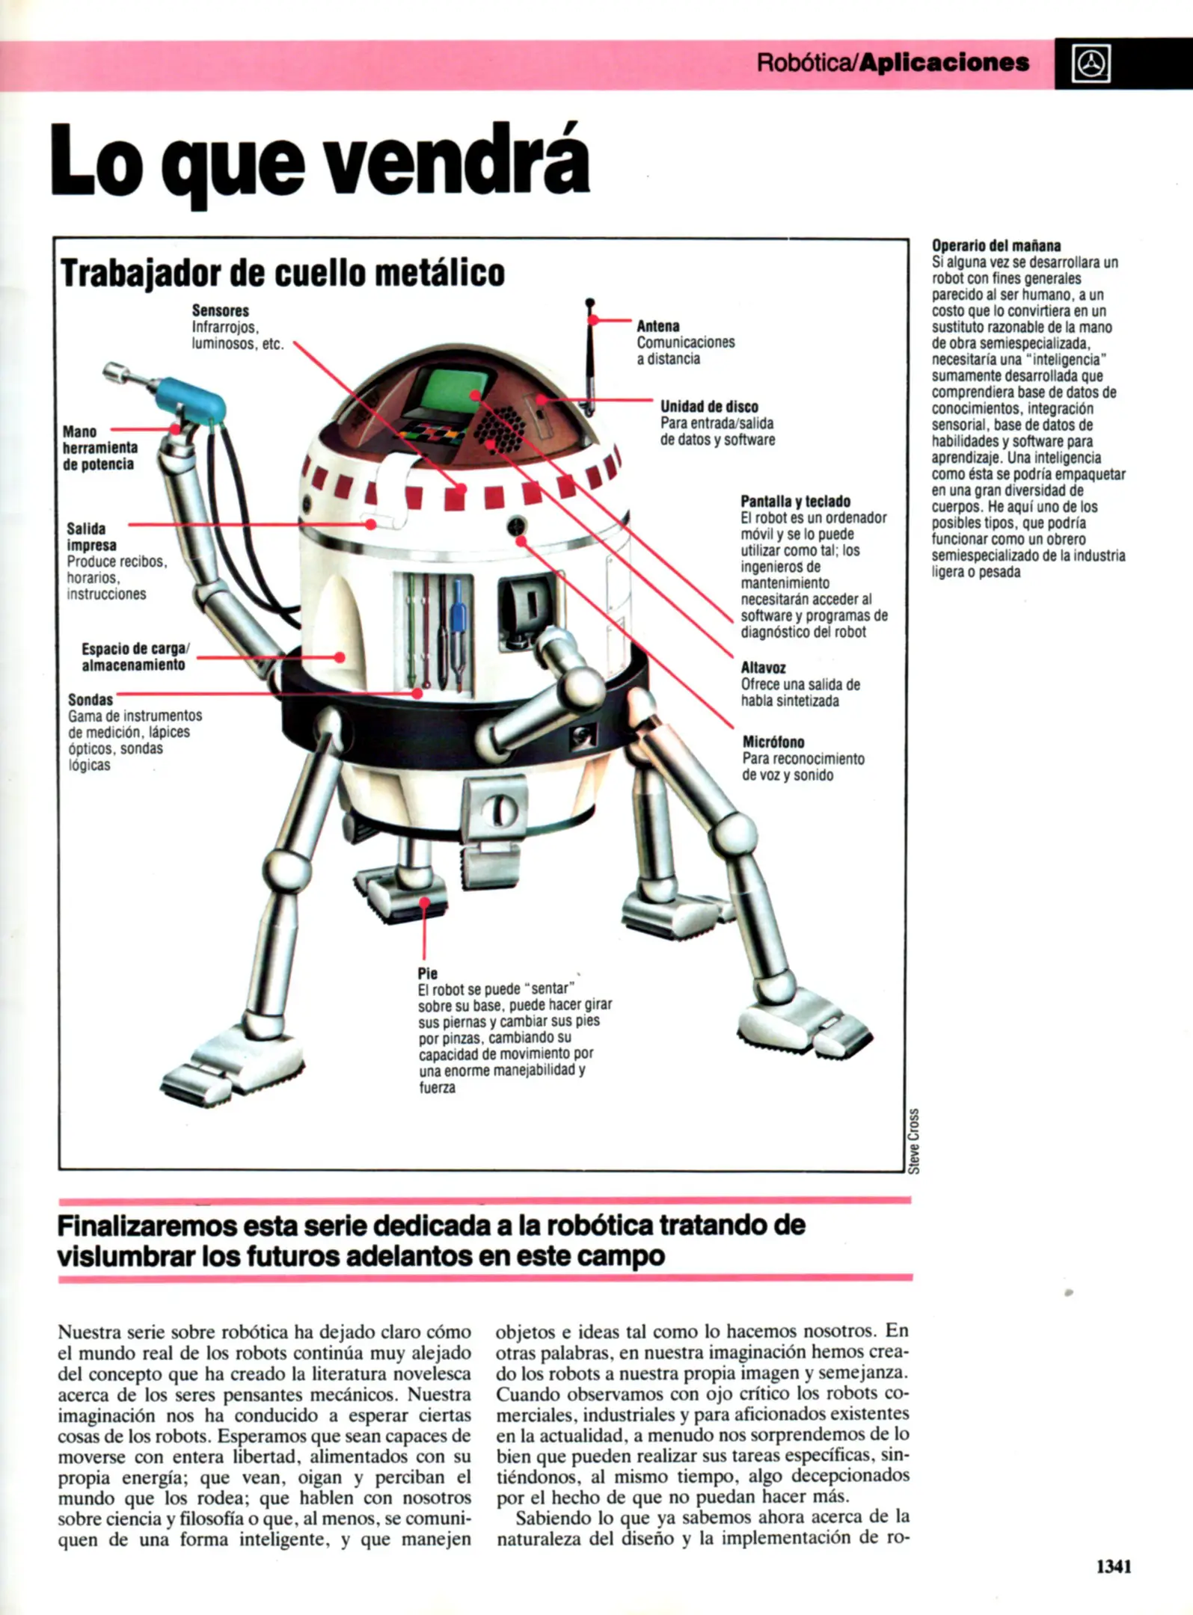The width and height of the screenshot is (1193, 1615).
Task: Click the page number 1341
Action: [1113, 1566]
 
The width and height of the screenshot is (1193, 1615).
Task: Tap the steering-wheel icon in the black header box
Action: [1091, 64]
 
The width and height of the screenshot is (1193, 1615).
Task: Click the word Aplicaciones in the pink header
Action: [944, 63]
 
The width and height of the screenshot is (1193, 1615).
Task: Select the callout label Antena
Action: [657, 326]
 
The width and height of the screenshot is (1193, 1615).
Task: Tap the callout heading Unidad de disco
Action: [708, 407]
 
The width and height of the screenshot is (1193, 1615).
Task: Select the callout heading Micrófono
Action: [773, 742]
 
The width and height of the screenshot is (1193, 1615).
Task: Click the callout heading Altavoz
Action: [763, 668]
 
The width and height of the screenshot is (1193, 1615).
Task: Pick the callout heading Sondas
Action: [90, 700]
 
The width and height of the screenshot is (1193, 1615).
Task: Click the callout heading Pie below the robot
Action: [427, 973]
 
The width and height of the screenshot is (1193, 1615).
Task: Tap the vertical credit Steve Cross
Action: [913, 1140]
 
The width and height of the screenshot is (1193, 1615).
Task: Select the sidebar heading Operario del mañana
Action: [996, 246]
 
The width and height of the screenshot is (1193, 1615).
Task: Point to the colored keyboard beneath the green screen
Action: [428, 431]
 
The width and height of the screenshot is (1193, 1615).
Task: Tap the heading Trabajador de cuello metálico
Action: [283, 273]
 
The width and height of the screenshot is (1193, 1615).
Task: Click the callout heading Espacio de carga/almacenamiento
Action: [135, 656]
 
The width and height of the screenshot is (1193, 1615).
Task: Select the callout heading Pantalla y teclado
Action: [795, 502]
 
